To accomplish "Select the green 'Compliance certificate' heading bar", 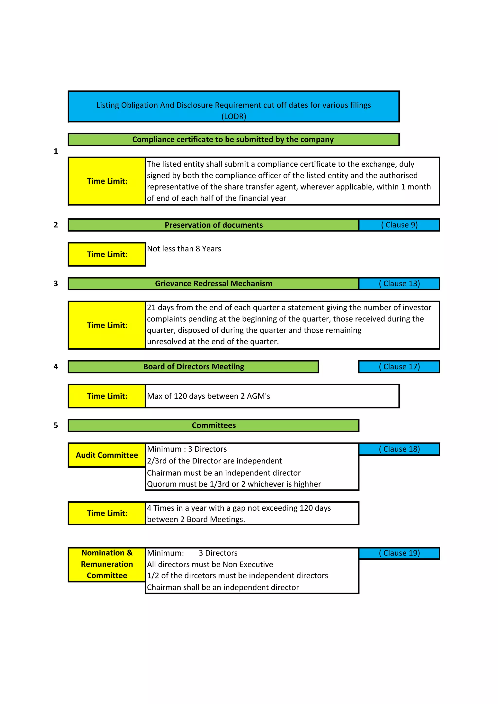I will point(233,139).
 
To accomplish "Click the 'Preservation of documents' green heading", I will point(213,225).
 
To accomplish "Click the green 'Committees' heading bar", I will point(213,425).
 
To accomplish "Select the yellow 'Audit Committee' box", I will point(107,455).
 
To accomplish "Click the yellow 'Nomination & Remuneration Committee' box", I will point(107,564).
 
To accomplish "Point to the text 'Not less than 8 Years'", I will point(184,249).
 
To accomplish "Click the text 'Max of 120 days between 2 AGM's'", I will point(209,396).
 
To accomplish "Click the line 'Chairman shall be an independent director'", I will point(223,587).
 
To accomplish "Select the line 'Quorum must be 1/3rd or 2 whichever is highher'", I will point(234,484).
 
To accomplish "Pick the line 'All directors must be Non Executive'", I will point(210,564).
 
